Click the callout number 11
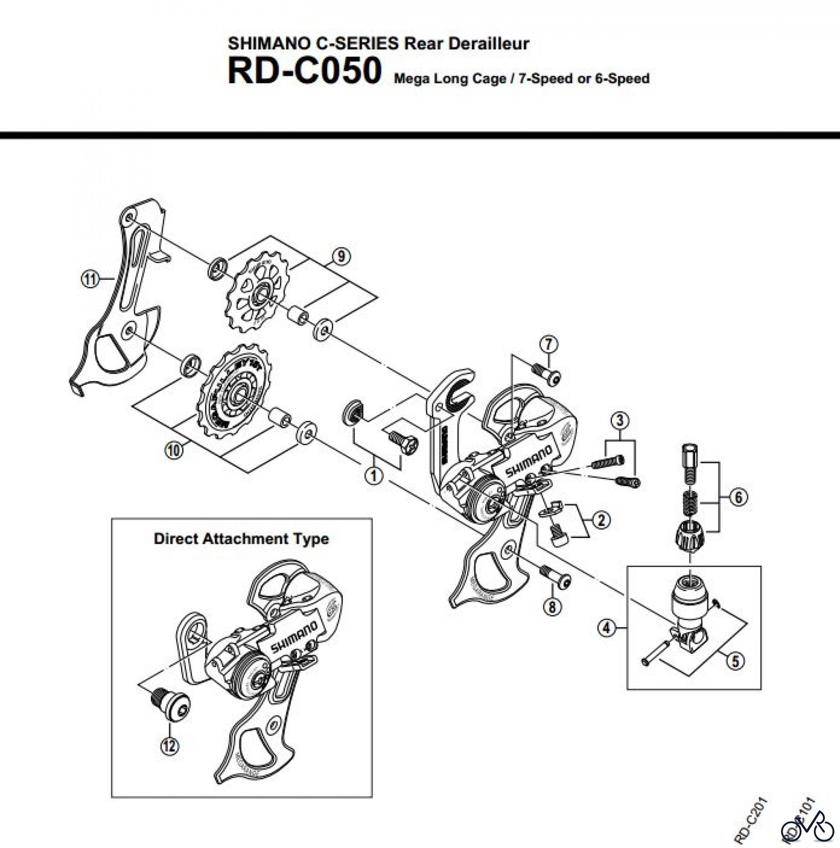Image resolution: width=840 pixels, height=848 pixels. [x=90, y=279]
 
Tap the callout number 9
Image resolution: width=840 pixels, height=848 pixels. [x=341, y=256]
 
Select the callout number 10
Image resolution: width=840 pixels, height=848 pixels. [x=173, y=450]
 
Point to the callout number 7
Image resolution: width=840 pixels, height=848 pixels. [x=549, y=344]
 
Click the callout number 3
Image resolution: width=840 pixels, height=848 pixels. [x=620, y=420]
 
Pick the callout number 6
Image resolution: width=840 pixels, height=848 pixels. [x=738, y=497]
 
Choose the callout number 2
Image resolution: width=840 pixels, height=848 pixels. [x=601, y=520]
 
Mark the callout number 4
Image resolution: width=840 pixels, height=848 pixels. [x=607, y=628]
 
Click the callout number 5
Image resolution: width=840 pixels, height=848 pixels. [x=735, y=661]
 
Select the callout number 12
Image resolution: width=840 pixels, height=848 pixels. [x=170, y=746]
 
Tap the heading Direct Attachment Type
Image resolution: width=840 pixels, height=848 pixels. [x=241, y=538]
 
